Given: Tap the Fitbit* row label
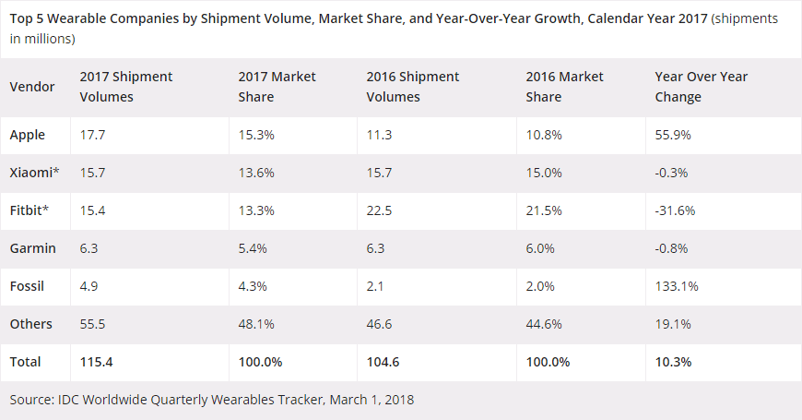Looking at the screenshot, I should click(29, 210).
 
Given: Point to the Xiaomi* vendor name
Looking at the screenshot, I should click(32, 173).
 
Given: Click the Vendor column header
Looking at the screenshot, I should click(32, 87).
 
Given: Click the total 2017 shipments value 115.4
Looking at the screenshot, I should click(98, 362).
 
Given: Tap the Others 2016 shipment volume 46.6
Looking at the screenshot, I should click(380, 324).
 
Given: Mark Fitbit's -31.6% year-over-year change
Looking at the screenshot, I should click(675, 210).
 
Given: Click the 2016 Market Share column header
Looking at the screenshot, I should click(564, 87).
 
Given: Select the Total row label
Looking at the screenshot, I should click(26, 362).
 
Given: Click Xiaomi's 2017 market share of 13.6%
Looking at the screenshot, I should click(255, 173).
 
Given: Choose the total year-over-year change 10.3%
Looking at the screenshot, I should click(673, 362).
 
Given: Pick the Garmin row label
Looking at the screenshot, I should click(33, 248).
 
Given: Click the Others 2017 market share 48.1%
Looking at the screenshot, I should click(255, 324).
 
